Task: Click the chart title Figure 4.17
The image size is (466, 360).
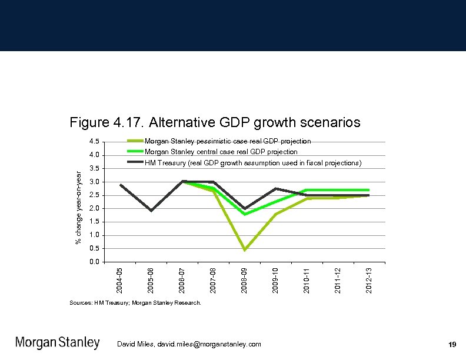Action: (215, 123)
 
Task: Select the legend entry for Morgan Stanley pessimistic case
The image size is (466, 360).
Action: (228, 141)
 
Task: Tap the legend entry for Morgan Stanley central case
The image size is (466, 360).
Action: (221, 152)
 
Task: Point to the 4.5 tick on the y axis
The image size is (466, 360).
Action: (94, 142)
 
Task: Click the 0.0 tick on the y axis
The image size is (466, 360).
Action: (94, 262)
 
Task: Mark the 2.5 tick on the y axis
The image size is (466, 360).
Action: (94, 195)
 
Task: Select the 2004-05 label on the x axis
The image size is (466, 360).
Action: (120, 279)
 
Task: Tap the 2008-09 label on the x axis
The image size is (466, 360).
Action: (244, 279)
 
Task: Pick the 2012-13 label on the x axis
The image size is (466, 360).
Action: (368, 279)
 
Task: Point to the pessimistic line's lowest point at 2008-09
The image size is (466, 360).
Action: (244, 250)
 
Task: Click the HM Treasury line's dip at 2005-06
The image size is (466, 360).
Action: (151, 211)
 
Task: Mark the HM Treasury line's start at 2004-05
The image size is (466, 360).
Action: (120, 185)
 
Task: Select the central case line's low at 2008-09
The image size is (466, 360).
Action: (244, 215)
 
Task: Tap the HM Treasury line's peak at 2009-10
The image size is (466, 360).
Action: (275, 188)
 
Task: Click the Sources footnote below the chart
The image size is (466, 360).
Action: (135, 303)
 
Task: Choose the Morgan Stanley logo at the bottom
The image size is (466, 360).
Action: (57, 343)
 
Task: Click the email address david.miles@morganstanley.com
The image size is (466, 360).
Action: (189, 344)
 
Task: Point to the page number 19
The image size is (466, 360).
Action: (452, 344)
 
